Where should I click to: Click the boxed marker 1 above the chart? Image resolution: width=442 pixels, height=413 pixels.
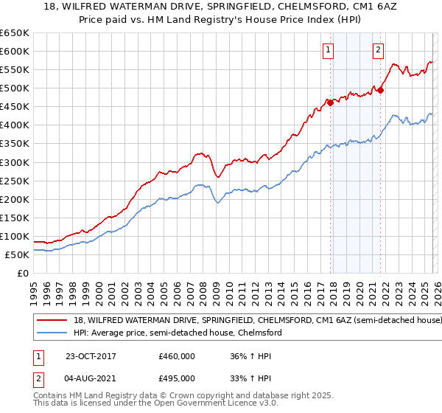coord(327,50)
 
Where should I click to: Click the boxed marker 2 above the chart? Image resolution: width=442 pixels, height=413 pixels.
coord(378,50)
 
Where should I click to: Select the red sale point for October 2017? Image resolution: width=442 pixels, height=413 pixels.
coord(330,103)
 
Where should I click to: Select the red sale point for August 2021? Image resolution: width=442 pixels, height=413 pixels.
coord(380,90)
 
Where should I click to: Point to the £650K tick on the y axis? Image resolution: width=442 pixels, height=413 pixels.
coord(15,33)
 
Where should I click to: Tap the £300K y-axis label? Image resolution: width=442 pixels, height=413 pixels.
coord(15,162)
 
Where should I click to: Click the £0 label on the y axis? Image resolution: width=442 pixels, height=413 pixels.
coord(24,273)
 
